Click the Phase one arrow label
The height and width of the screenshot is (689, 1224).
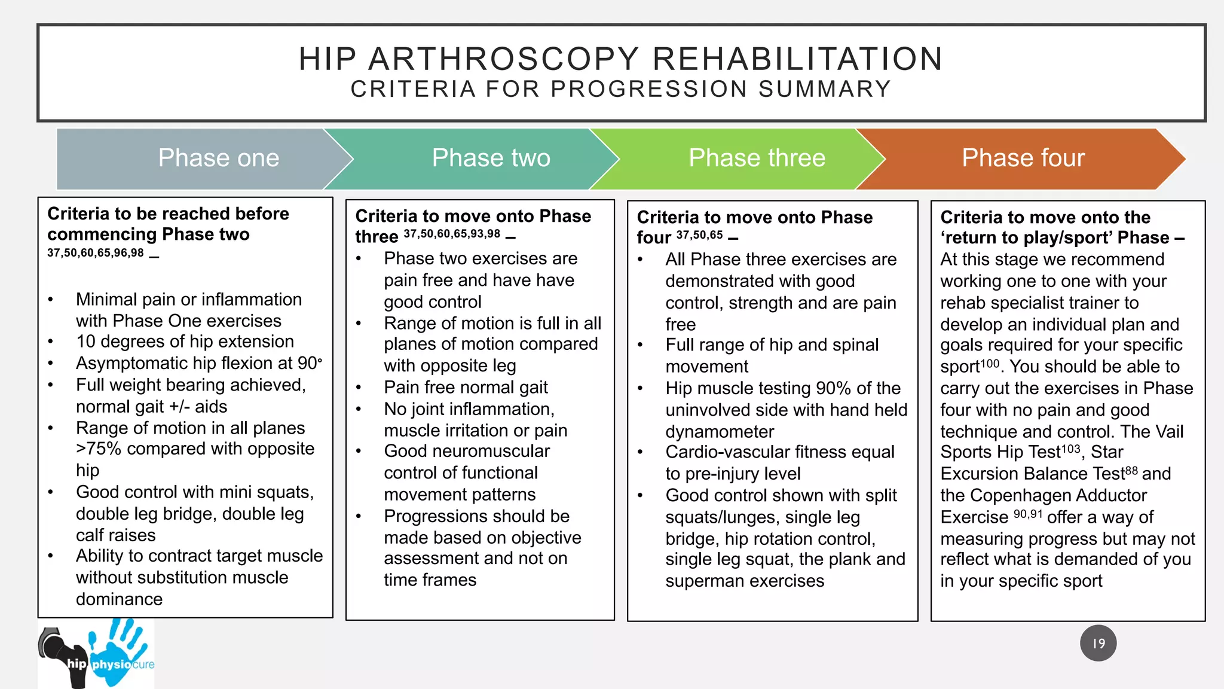[x=219, y=158]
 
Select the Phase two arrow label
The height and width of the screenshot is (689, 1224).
[x=491, y=158]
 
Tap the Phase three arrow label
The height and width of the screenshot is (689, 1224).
[x=757, y=158]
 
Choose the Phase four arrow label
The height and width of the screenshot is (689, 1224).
[x=1023, y=158]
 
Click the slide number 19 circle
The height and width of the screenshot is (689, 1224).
[x=1098, y=644]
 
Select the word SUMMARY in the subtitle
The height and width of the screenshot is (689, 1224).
[x=825, y=89]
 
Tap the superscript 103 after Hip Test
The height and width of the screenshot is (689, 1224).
[x=1070, y=448]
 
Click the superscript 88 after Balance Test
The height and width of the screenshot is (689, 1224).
[x=1131, y=470]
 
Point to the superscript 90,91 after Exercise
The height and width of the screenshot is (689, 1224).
[x=1027, y=514]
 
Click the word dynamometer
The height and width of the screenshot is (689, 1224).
[x=720, y=431]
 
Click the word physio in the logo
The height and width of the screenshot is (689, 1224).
[x=111, y=664]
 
